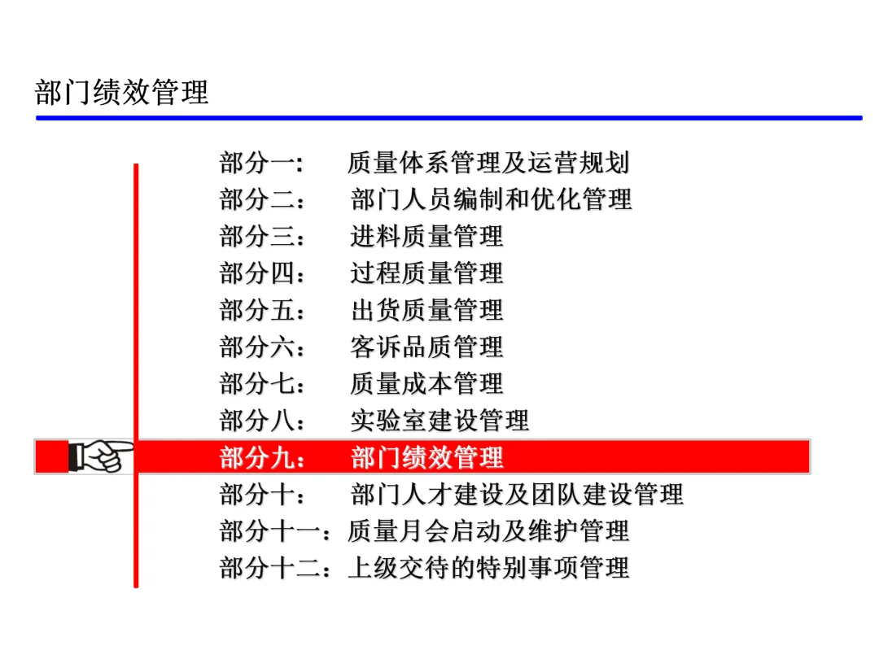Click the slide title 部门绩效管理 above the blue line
click(x=122, y=92)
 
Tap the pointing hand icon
click(x=100, y=456)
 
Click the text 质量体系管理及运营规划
click(x=488, y=163)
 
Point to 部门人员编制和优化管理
click(x=492, y=199)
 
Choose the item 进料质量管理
click(x=427, y=236)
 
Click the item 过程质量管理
click(x=427, y=273)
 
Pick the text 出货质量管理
click(x=427, y=310)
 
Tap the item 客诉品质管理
click(x=427, y=347)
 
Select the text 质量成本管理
click(x=427, y=383)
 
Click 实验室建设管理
click(x=440, y=420)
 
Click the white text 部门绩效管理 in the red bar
click(x=427, y=457)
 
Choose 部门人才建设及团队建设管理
click(x=518, y=494)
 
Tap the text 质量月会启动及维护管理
click(x=488, y=530)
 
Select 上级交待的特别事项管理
click(x=488, y=567)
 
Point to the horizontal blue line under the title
click(x=448, y=118)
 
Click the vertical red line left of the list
click(x=136, y=325)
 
